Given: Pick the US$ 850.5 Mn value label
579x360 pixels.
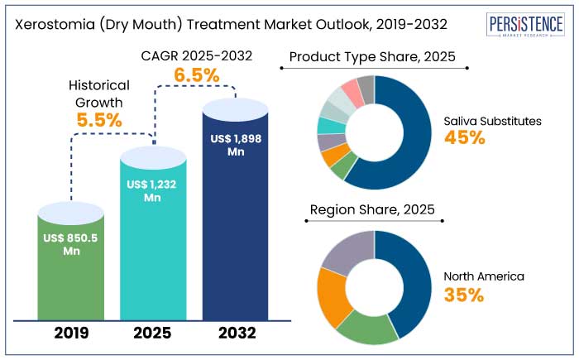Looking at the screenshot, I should (x=71, y=244).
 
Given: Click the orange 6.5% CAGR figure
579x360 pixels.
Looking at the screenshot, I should (x=196, y=75).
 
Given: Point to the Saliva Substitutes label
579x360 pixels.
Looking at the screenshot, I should (x=493, y=121).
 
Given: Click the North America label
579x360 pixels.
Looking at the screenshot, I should (x=484, y=276).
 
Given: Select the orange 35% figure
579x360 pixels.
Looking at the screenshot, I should (x=464, y=295).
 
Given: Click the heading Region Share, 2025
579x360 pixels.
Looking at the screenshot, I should (x=372, y=210).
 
